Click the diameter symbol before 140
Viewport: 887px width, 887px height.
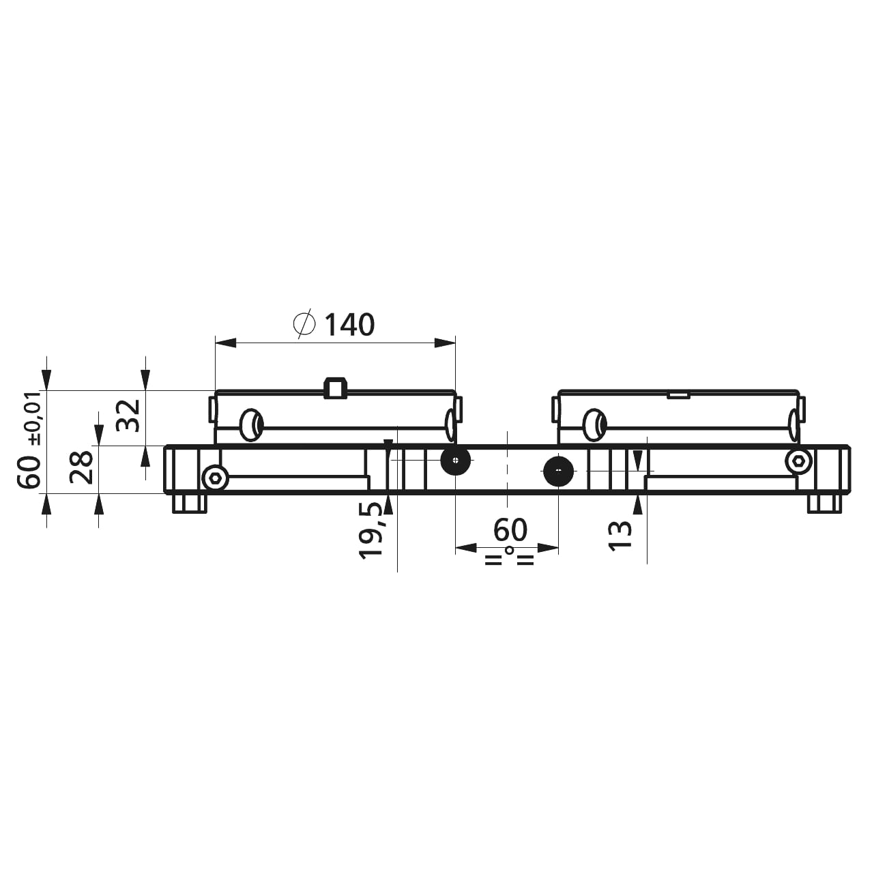[x=304, y=324]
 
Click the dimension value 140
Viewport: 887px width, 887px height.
[x=350, y=325]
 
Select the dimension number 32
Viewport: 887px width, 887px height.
[x=128, y=416]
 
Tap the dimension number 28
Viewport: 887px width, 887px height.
[x=82, y=467]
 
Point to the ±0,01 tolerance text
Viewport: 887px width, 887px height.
[x=36, y=418]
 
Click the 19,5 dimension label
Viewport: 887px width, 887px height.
[x=371, y=531]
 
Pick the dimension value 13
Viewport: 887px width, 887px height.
[x=620, y=536]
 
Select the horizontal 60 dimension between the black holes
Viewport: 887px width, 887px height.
[x=510, y=530]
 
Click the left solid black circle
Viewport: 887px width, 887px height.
[x=456, y=460]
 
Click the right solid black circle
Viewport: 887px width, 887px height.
[x=559, y=470]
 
